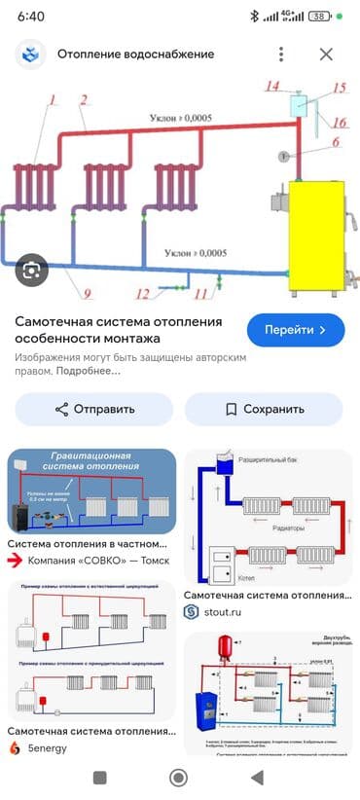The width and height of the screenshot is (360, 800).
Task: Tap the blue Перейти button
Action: (x=296, y=330)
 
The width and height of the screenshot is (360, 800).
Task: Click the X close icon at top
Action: (x=326, y=55)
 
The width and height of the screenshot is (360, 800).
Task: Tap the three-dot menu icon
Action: (x=281, y=55)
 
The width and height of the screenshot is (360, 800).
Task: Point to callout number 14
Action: (x=274, y=87)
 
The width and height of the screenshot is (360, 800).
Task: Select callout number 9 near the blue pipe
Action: (x=87, y=293)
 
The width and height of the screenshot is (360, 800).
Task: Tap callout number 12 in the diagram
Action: (x=142, y=293)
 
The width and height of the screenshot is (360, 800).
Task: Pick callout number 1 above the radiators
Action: (x=53, y=98)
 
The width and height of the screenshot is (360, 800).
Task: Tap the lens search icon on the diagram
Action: (x=31, y=268)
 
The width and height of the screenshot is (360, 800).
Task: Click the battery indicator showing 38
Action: (x=318, y=17)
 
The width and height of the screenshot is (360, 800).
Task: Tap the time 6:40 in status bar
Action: (x=31, y=17)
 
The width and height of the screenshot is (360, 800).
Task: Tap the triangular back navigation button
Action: (x=257, y=778)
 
